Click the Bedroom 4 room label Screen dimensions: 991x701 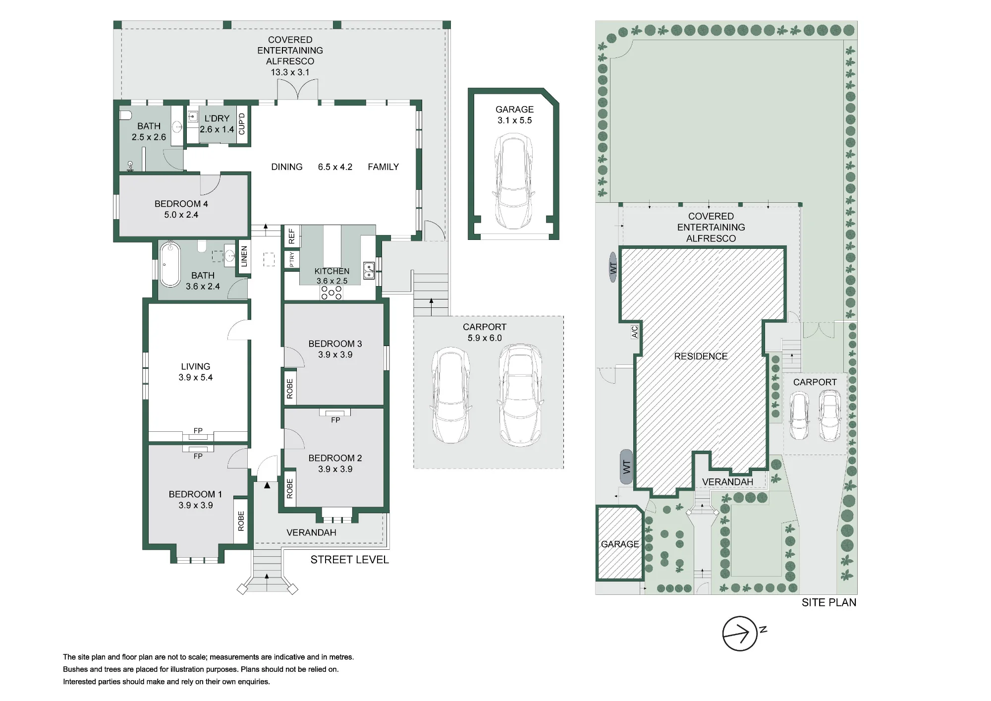[181, 209]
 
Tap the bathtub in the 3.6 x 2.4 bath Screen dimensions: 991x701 [170, 264]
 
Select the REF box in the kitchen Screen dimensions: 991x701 [291, 236]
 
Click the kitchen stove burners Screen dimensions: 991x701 [331, 292]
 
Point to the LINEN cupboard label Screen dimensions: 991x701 [244, 257]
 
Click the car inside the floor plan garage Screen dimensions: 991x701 [514, 182]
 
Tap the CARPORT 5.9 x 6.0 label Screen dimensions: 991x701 [485, 332]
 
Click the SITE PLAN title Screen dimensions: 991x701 [829, 602]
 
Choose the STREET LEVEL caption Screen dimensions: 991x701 [350, 560]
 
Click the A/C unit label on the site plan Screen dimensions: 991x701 [635, 332]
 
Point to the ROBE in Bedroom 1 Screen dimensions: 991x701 [241, 521]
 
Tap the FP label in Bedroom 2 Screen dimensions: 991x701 [335, 420]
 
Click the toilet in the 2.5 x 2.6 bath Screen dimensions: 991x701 [125, 115]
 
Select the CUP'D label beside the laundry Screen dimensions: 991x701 [242, 124]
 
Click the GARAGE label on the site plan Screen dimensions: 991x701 [620, 544]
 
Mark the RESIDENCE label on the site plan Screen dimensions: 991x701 [701, 356]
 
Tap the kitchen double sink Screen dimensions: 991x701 [369, 270]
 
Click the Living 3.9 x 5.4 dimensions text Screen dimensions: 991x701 [196, 377]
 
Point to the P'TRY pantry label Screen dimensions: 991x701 [292, 259]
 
